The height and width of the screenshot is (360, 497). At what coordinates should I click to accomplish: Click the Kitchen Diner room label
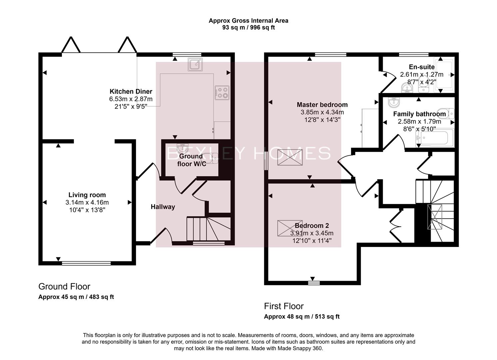click(131, 91)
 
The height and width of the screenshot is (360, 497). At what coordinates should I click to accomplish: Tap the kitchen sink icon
click(195, 64)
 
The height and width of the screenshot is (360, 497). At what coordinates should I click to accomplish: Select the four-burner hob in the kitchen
click(222, 93)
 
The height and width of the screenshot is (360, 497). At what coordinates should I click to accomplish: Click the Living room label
click(87, 195)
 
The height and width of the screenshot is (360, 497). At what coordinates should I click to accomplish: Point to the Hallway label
click(163, 207)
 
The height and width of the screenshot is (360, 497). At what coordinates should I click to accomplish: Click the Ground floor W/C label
click(191, 160)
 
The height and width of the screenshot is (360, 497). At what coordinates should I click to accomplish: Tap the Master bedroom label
click(322, 105)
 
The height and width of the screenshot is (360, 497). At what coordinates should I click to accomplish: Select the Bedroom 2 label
click(312, 226)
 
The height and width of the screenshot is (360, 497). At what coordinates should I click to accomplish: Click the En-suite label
click(422, 67)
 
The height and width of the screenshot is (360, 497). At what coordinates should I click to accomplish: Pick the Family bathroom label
click(419, 114)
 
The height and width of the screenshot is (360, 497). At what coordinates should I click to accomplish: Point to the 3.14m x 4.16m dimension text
click(87, 202)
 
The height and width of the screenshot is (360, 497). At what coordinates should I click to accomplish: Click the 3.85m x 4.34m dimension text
click(322, 112)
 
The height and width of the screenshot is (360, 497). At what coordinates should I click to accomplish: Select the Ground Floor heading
click(64, 287)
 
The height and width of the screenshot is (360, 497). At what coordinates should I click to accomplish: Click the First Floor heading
click(284, 306)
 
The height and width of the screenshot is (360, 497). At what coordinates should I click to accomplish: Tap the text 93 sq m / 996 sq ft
click(248, 28)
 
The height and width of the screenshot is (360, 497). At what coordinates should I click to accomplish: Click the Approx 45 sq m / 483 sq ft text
click(76, 297)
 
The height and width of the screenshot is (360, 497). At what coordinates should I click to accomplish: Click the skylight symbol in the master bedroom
click(290, 157)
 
